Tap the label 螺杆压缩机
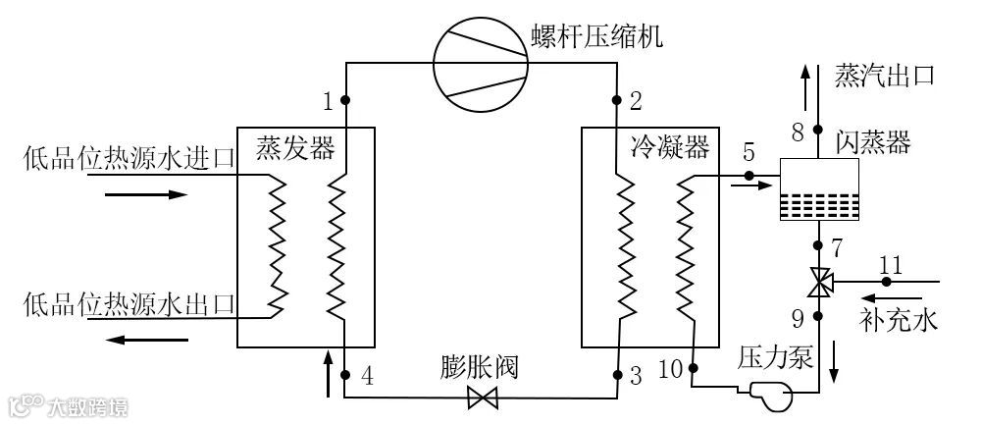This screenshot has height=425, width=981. [x=596, y=37]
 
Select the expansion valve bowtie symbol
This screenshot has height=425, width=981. [x=482, y=398]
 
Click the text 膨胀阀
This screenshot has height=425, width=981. [x=479, y=368]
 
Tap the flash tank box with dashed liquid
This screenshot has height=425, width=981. [x=819, y=188]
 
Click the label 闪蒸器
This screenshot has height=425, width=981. [x=873, y=143]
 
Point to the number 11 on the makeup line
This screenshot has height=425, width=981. [x=890, y=264]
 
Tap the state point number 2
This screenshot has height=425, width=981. [x=636, y=100]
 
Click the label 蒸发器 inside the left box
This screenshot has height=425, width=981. [x=295, y=148]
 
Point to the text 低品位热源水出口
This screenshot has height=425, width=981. [x=129, y=304]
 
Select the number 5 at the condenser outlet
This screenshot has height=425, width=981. [x=749, y=151]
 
